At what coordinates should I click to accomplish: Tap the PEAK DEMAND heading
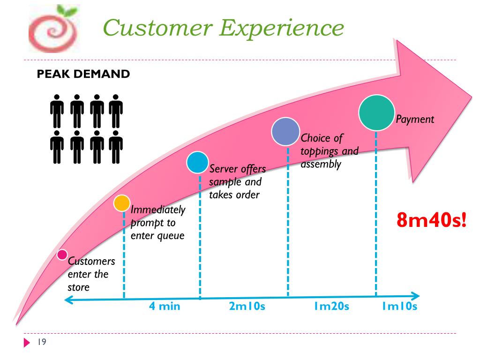83,74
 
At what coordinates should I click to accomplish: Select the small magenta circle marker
62,255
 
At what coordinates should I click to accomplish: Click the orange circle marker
122,203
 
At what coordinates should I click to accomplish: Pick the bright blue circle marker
197,162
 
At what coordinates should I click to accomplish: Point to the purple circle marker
285,131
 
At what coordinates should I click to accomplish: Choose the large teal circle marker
376,112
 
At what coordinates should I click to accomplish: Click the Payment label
415,119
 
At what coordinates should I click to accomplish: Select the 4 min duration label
165,307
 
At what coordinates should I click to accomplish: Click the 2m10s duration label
247,307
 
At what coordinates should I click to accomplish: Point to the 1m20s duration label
331,307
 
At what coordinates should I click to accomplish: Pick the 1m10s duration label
399,307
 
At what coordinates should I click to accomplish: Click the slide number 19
41,343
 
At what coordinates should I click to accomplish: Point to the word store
78,286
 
